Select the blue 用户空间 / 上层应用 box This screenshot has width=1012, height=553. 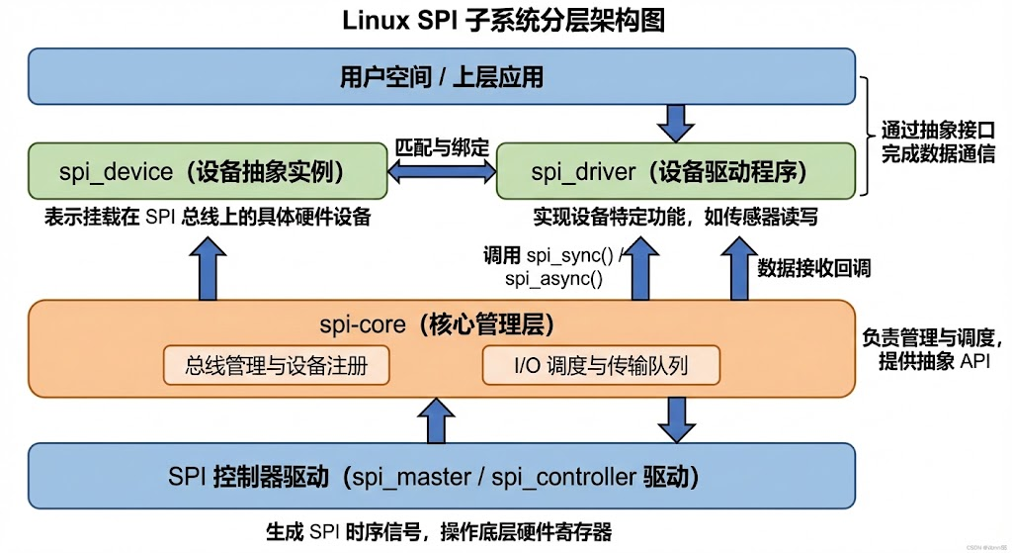click(442, 76)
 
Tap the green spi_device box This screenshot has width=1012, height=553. click(208, 172)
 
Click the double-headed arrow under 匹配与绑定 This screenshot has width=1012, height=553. click(442, 172)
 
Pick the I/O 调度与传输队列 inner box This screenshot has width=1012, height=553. click(600, 366)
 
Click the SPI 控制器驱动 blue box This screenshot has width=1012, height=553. click(442, 477)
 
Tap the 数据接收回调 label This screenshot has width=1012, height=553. click(813, 267)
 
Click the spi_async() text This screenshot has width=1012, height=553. click(553, 279)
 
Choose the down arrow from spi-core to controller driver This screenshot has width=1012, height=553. click(677, 418)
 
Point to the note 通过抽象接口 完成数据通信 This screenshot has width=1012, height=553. click(937, 141)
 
